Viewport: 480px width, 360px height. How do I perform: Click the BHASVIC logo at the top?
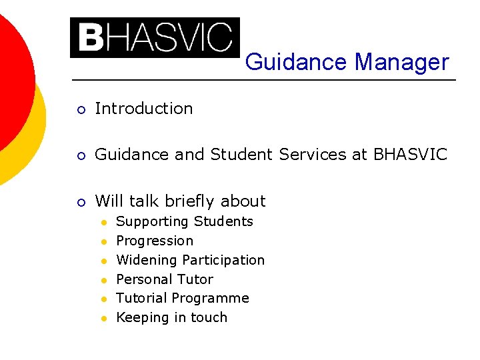pyautogui.click(x=155, y=38)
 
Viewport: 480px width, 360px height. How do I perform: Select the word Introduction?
pyautogui.click(x=144, y=109)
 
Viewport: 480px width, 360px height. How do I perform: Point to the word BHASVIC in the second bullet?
pyautogui.click(x=410, y=155)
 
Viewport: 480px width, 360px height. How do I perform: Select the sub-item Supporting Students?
pyautogui.click(x=185, y=221)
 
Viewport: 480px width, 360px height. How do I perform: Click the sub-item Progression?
pyautogui.click(x=155, y=241)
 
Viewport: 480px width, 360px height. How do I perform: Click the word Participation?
pyautogui.click(x=223, y=260)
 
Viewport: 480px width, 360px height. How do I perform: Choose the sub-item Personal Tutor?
pyautogui.click(x=165, y=279)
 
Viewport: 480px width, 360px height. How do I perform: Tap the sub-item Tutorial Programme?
pyautogui.click(x=183, y=298)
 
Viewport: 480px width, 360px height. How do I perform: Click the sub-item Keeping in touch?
pyautogui.click(x=171, y=317)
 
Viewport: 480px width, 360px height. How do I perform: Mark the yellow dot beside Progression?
pyautogui.click(x=105, y=241)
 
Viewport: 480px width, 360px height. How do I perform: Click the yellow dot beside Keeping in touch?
pyautogui.click(x=105, y=318)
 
